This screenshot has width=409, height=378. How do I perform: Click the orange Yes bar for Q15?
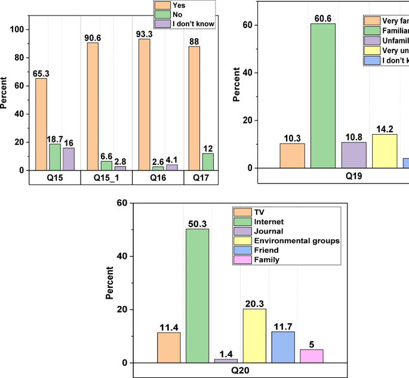tap(41, 124)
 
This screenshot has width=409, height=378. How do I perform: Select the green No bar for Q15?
tap(54, 157)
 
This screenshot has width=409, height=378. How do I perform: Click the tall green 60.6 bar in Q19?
tap(323, 95)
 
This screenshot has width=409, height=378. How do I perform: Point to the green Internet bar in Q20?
tap(197, 296)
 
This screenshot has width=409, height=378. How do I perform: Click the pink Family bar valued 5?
tap(311, 356)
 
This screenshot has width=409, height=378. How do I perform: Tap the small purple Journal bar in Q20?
tap(226, 361)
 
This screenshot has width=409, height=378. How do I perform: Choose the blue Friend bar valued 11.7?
tap(282, 347)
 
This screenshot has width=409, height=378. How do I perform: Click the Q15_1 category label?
tap(106, 178)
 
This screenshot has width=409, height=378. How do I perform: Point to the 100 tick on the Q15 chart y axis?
tap(19, 29)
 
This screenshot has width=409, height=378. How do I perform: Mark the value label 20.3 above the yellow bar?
tap(254, 303)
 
